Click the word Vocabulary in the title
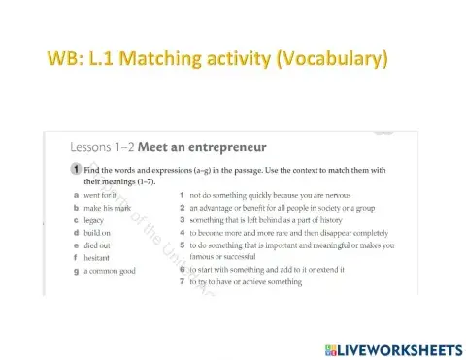(x=332, y=59)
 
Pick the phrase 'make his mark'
(x=107, y=208)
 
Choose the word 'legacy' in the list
(x=94, y=220)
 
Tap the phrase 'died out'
(x=97, y=245)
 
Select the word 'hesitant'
(x=98, y=258)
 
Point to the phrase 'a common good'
(x=109, y=271)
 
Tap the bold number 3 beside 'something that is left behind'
(x=183, y=220)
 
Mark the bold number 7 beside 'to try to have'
(x=183, y=282)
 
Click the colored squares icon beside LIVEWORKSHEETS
(x=331, y=346)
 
